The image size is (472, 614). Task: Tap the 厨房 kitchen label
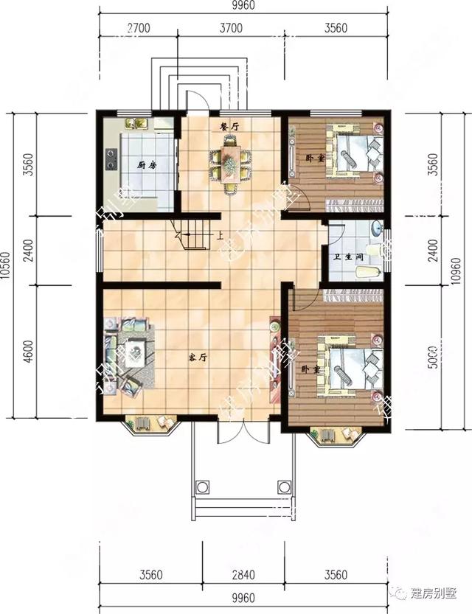[x=145, y=165]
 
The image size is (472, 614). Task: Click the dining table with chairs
[x=230, y=167]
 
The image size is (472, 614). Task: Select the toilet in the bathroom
[x=367, y=273]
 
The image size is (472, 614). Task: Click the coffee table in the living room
[x=136, y=352]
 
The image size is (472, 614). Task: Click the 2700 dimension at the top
[x=139, y=29]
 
